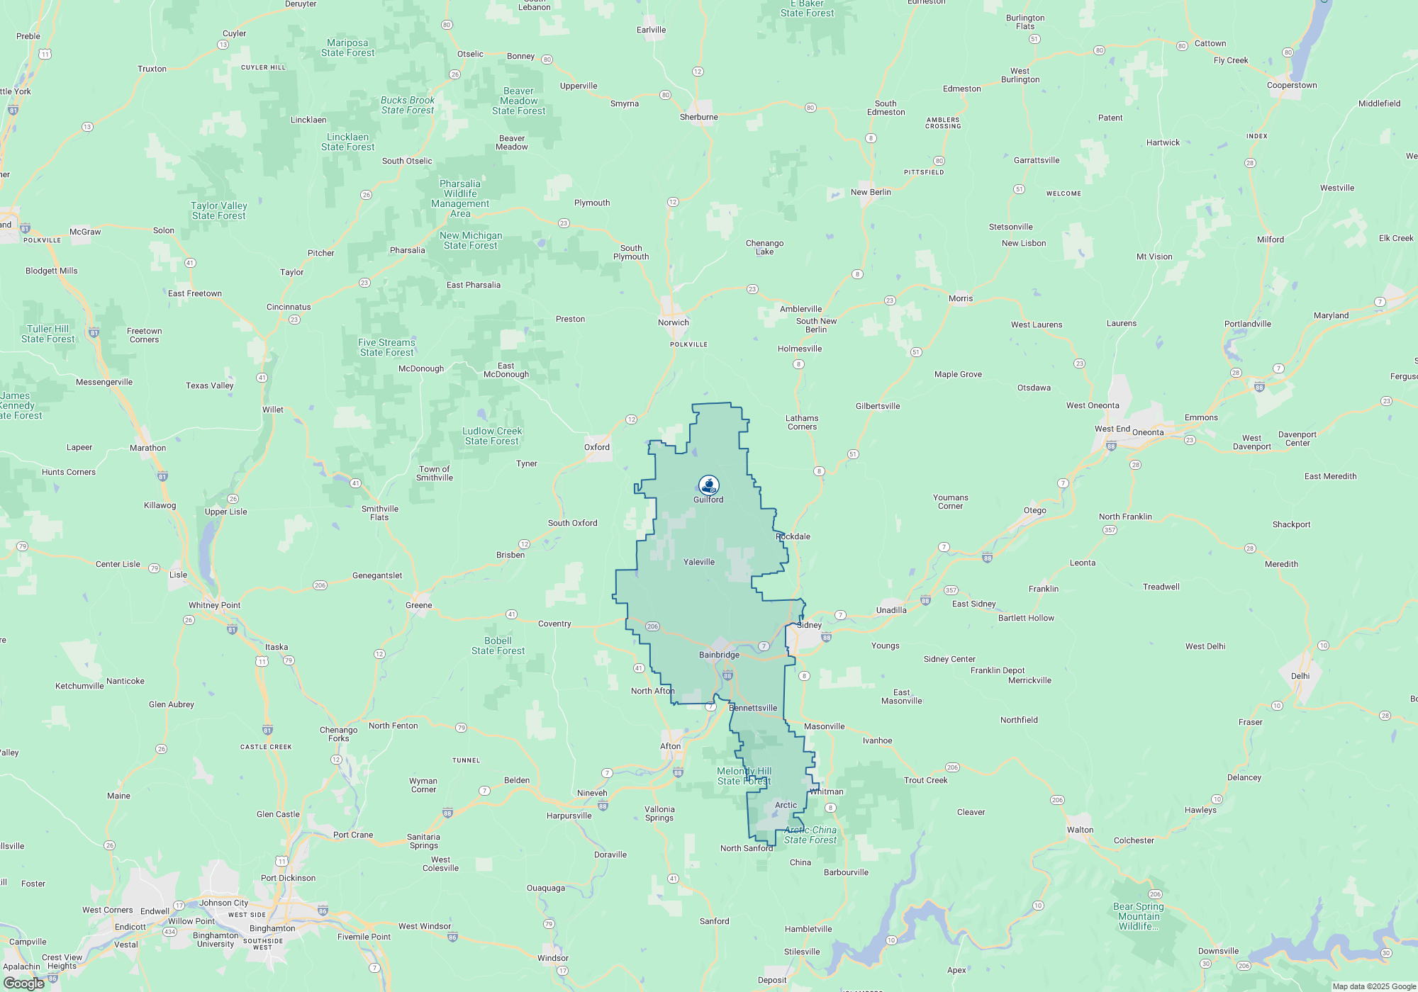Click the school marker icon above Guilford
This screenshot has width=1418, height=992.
click(708, 485)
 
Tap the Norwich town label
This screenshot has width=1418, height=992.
click(673, 322)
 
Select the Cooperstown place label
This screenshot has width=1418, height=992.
click(1292, 86)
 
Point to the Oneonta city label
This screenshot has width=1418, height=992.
click(1148, 432)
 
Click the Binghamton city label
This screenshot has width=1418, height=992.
click(272, 928)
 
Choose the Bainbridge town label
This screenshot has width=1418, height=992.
click(719, 655)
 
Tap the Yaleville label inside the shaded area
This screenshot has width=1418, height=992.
click(699, 562)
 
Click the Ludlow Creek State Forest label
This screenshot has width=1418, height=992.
click(492, 436)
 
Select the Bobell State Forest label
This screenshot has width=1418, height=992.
click(498, 646)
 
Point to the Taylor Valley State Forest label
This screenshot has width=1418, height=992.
click(218, 210)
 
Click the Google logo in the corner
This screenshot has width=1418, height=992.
click(24, 983)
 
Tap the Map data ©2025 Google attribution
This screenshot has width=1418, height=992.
click(1374, 986)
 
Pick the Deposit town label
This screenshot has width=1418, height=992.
click(772, 980)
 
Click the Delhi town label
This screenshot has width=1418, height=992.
click(1300, 676)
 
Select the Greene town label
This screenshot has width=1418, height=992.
click(418, 605)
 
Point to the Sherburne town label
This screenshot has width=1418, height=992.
click(698, 117)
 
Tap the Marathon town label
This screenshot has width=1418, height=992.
click(147, 448)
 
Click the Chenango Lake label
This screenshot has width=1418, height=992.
click(764, 247)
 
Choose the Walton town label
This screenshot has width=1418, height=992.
click(1080, 830)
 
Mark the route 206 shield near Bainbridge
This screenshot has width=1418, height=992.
click(653, 626)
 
